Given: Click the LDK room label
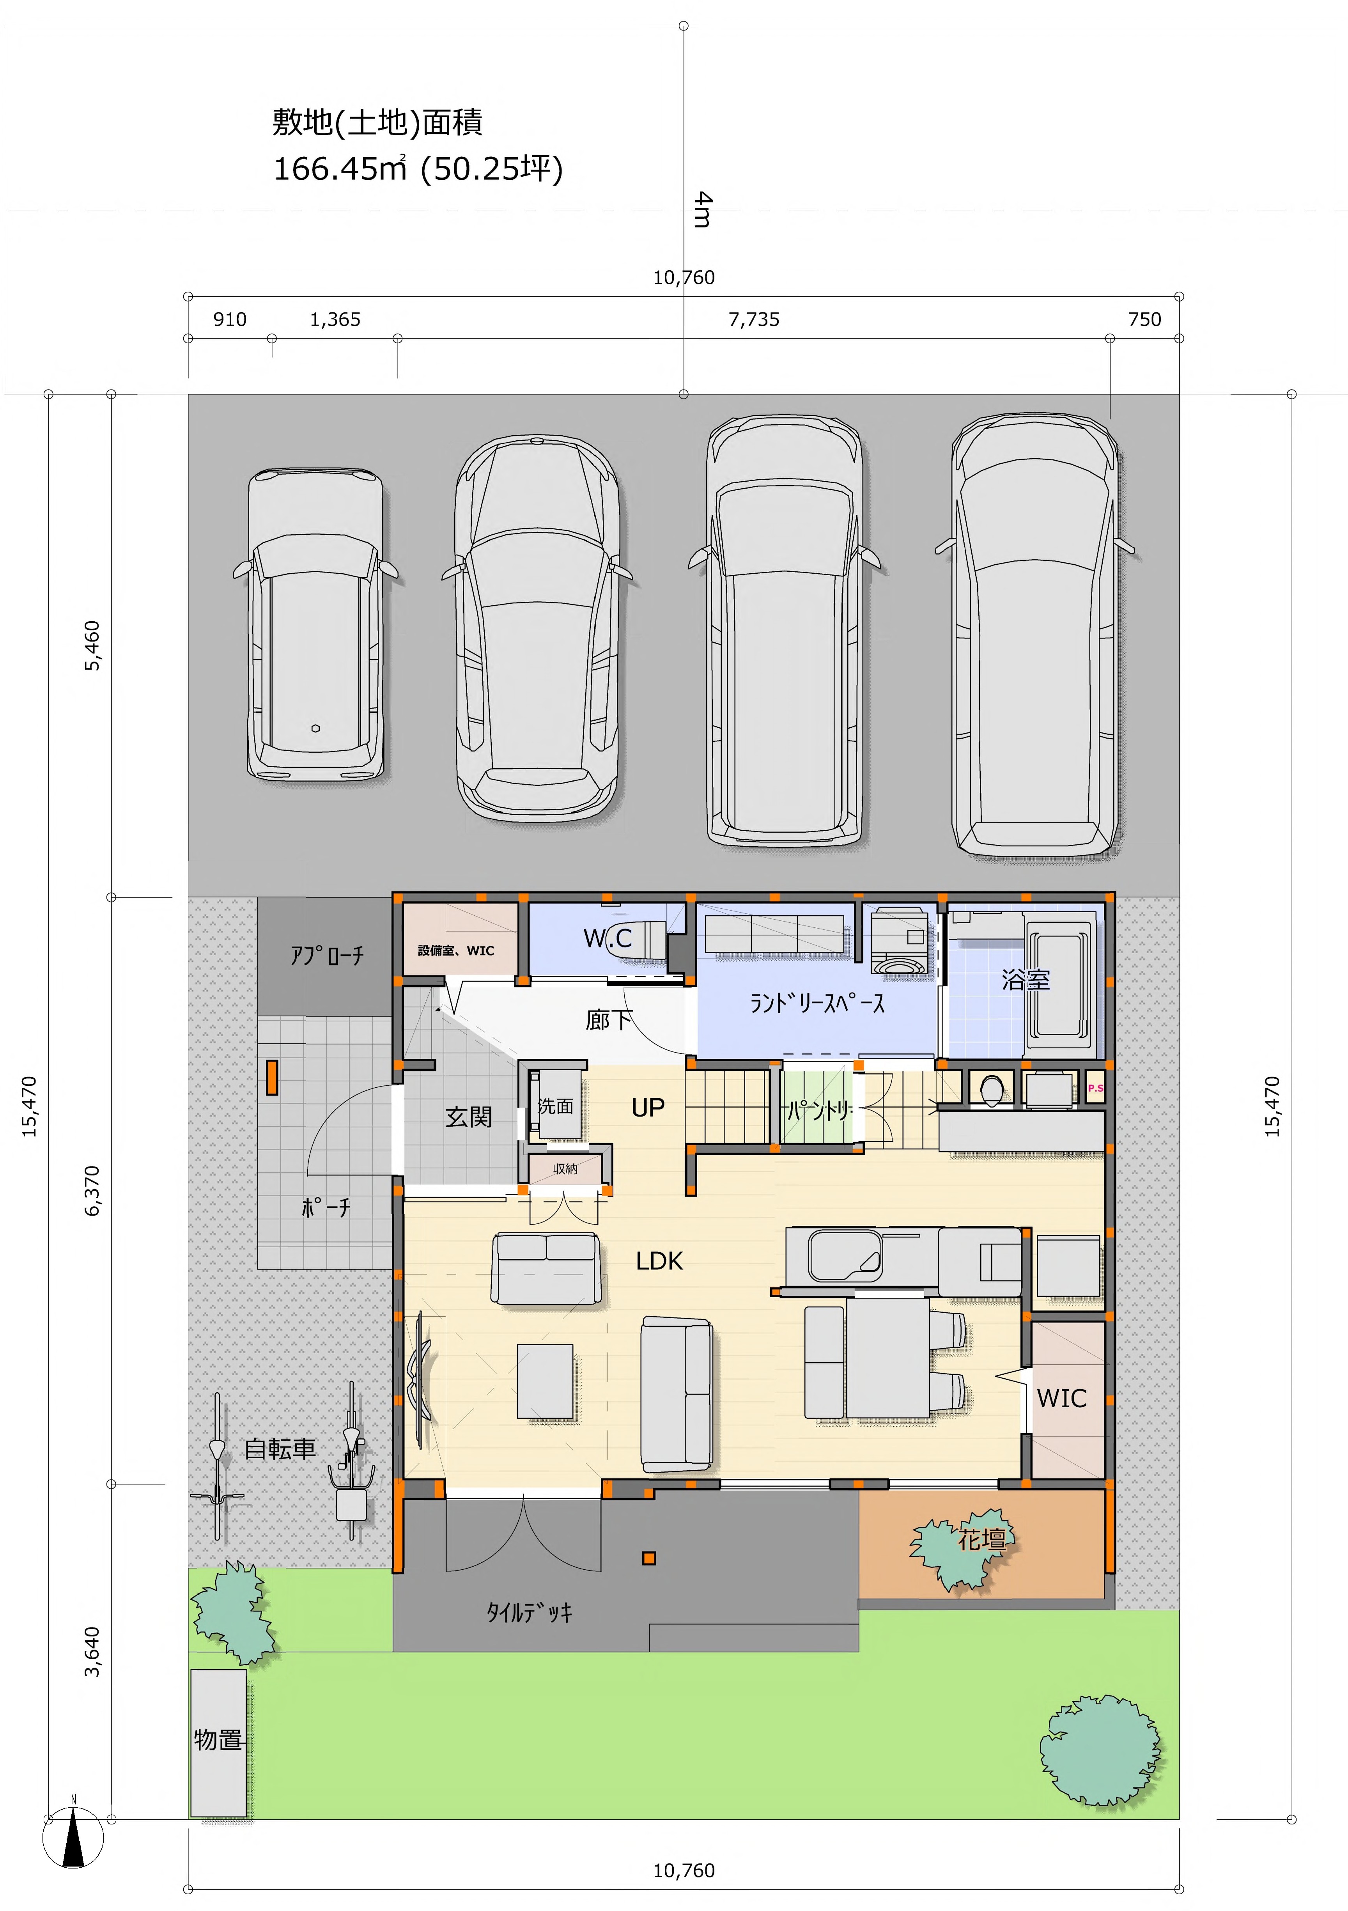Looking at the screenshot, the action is click(x=659, y=1261).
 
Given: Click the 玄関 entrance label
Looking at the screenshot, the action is click(x=468, y=1116).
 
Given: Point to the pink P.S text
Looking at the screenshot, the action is click(x=1095, y=1088).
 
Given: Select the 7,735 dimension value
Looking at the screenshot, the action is click(x=754, y=320).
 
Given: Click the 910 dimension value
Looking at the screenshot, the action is click(x=230, y=320).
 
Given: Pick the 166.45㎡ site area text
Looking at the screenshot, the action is click(x=340, y=169).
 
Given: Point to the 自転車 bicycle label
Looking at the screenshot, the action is click(x=280, y=1448).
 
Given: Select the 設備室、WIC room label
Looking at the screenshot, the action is click(x=456, y=950).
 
